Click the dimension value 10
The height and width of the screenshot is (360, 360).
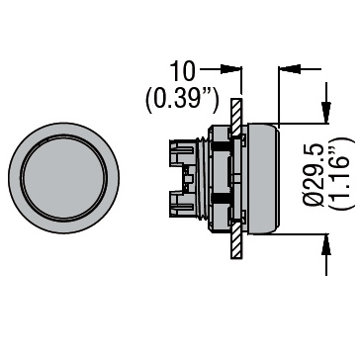pyautogui.click(x=182, y=71)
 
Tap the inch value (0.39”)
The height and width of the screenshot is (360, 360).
pyautogui.click(x=182, y=99)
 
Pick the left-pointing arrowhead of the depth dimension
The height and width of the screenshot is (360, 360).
pyautogui.click(x=290, y=69)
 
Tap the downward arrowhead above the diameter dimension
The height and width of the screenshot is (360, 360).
pyautogui.click(x=326, y=113)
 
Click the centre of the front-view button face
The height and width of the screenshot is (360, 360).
pyautogui.click(x=64, y=178)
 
